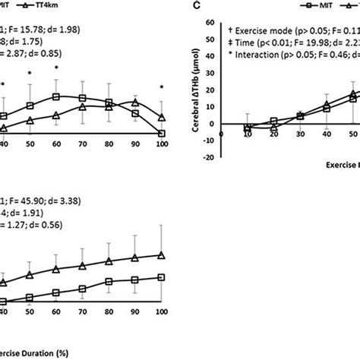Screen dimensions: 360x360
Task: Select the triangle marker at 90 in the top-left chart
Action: tap(135, 101)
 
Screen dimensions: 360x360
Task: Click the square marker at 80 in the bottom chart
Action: tap(109, 282)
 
